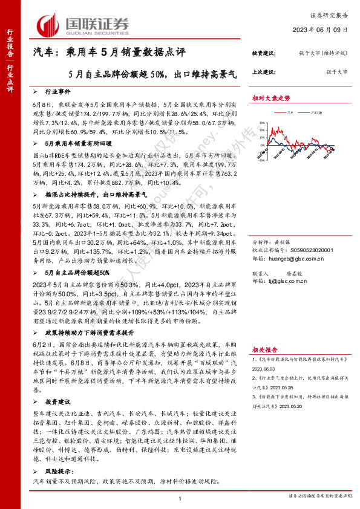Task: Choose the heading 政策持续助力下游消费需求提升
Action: click(90, 332)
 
